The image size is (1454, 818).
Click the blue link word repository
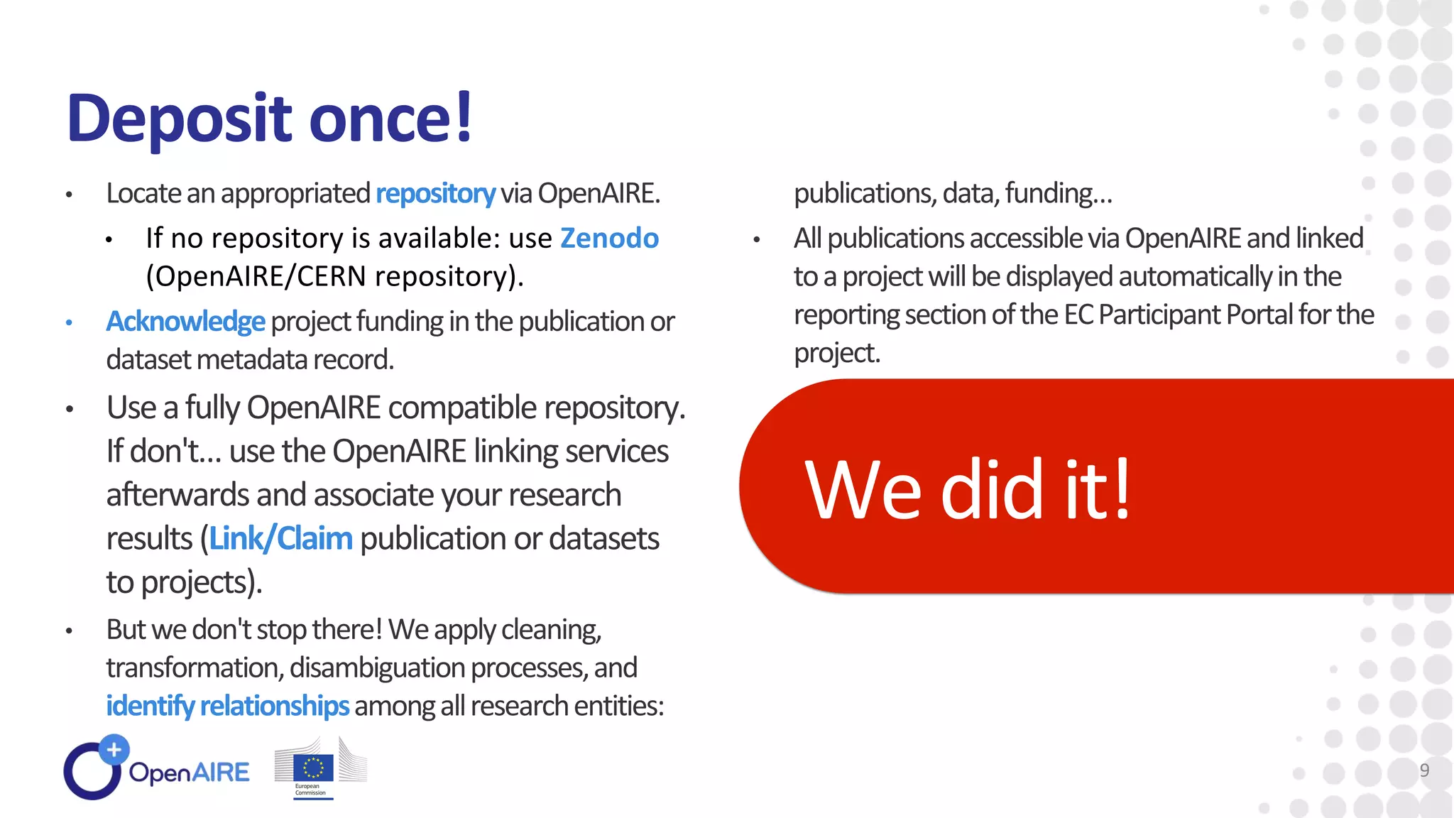pyautogui.click(x=434, y=194)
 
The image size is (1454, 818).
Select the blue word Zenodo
pyautogui.click(x=609, y=239)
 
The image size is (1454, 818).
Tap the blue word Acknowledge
pyautogui.click(x=185, y=322)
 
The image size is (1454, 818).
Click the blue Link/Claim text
pyautogui.click(x=280, y=539)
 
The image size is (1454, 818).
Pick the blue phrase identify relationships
pyautogui.click(x=227, y=706)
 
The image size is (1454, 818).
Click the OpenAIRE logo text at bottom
pyautogui.click(x=189, y=773)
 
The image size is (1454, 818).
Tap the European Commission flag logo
pyautogui.click(x=313, y=768)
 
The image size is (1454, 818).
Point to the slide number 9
pyautogui.click(x=1424, y=770)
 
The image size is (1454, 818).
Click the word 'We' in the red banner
pyautogui.click(x=863, y=490)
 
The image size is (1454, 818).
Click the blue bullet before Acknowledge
pyautogui.click(x=69, y=323)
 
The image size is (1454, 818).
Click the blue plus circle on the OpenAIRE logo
pyautogui.click(x=114, y=749)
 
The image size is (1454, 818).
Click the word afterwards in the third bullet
pyautogui.click(x=178, y=495)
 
